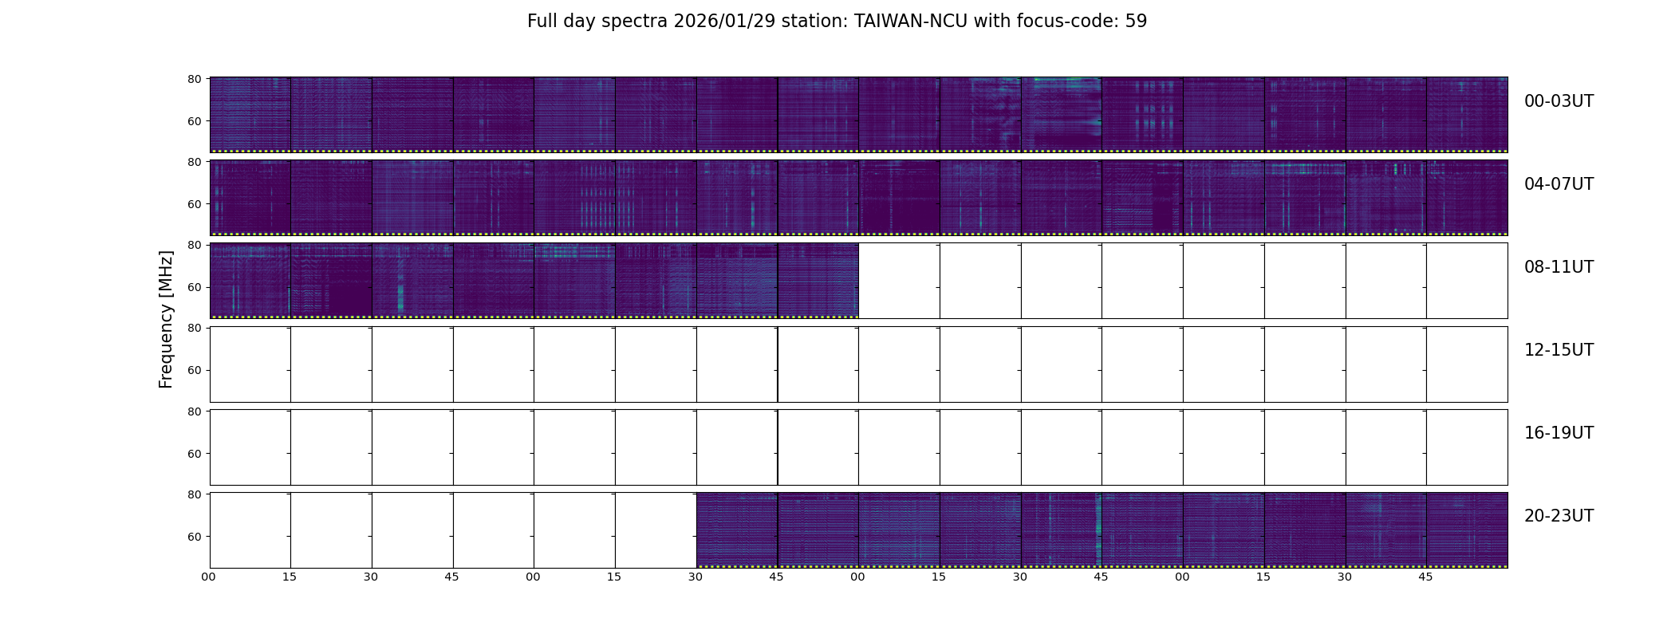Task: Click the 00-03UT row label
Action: point(1559,101)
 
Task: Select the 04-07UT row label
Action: point(1559,184)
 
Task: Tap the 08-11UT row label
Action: point(1559,267)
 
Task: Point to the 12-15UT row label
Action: point(1559,350)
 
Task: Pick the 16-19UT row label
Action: point(1559,433)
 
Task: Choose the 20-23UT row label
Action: point(1559,516)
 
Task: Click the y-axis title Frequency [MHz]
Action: point(166,320)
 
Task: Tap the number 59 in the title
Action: point(1136,22)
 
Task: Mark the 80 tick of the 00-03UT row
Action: point(195,79)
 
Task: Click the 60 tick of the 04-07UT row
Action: point(195,204)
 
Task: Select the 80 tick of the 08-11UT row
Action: point(195,245)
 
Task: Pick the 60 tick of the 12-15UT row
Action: point(195,370)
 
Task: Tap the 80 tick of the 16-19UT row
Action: point(195,412)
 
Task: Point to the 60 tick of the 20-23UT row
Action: point(195,537)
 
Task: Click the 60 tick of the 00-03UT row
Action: point(195,121)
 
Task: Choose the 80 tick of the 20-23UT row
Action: point(195,494)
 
